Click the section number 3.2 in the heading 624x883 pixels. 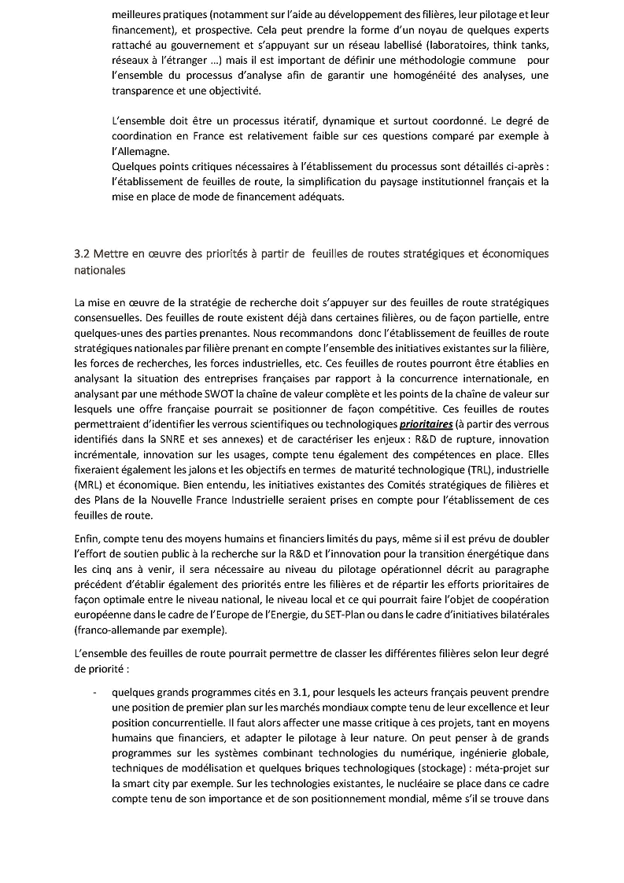83,253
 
